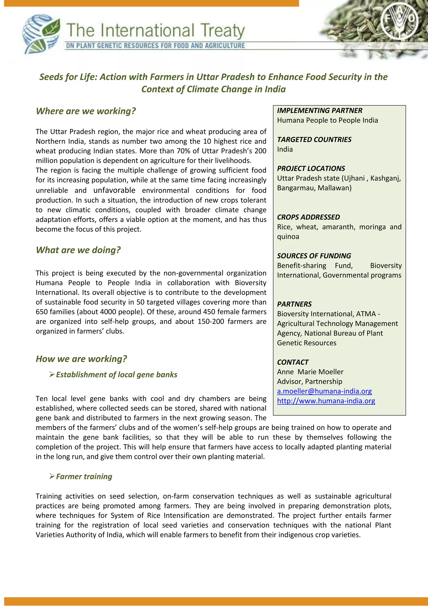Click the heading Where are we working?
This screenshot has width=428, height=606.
pos(86,111)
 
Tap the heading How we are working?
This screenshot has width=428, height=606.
pos(81,359)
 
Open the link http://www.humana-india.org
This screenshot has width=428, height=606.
pos(326,401)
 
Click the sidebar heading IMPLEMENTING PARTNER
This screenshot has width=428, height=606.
pos(319,110)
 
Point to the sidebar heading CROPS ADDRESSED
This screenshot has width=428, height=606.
pos(308,217)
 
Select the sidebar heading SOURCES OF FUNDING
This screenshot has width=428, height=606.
pos(314,256)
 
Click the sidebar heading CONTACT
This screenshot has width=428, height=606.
pos(293,362)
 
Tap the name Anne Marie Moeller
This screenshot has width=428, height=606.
pos(310,372)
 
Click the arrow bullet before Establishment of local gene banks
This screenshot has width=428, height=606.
pos(52,374)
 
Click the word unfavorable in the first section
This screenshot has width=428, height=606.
pos(114,190)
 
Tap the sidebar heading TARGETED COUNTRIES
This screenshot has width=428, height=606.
pos(314,140)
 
